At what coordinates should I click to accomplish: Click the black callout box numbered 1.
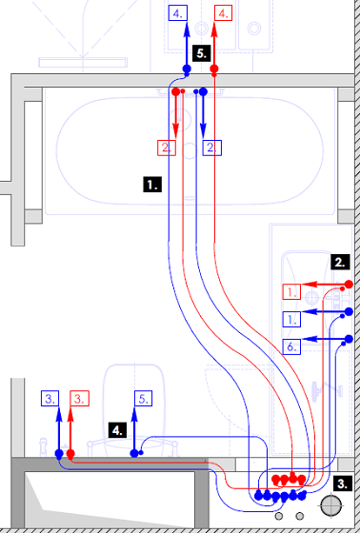(152, 185)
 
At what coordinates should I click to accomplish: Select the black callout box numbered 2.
(340, 262)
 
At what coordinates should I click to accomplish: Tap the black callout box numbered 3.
(342, 484)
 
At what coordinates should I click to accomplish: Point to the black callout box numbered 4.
(118, 430)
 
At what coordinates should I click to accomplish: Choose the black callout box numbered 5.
(202, 53)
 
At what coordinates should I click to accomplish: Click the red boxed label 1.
(291, 291)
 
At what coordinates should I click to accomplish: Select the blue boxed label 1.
(291, 319)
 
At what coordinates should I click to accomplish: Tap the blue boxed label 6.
(291, 346)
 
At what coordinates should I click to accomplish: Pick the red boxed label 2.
(167, 148)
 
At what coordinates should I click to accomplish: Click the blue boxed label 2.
(212, 148)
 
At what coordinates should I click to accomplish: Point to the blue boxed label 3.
(50, 399)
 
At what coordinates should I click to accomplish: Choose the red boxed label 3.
(80, 399)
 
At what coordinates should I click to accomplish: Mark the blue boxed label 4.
(177, 13)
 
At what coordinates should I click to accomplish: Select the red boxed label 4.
(223, 13)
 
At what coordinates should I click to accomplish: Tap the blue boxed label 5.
(143, 399)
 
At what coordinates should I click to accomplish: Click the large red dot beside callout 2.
(349, 285)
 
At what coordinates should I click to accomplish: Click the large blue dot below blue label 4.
(187, 69)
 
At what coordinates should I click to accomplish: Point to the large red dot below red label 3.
(70, 453)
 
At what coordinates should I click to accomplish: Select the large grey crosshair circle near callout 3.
(330, 505)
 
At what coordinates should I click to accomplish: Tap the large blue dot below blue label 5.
(134, 453)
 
